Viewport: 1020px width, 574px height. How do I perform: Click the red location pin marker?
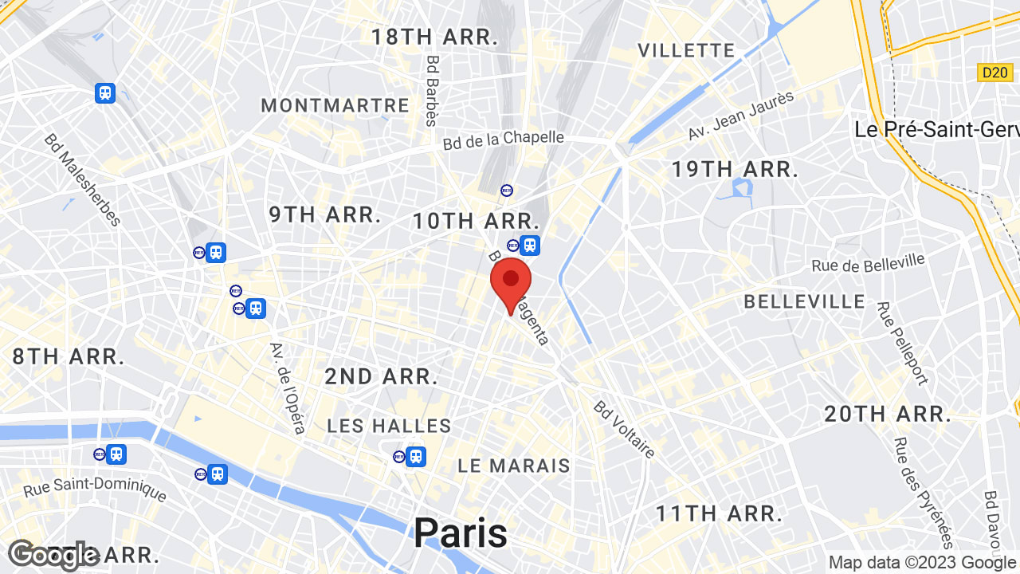tap(511, 281)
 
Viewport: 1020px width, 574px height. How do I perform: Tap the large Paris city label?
tap(460, 533)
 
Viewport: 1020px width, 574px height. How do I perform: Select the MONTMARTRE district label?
tap(335, 105)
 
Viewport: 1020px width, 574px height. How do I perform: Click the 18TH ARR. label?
tap(434, 37)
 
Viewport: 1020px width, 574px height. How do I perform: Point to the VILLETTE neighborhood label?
tap(686, 50)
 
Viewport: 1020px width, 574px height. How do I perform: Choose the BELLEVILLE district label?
tap(804, 301)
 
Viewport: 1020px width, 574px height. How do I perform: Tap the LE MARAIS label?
tap(514, 466)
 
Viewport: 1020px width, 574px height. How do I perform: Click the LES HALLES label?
tap(389, 426)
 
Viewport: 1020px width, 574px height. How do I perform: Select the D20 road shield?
tap(994, 73)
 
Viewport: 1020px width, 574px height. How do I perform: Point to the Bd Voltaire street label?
tap(624, 430)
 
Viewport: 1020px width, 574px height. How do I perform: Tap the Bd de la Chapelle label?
tap(503, 140)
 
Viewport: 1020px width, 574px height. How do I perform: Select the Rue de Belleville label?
tap(868, 263)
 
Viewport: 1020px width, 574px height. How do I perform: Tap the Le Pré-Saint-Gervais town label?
tap(936, 129)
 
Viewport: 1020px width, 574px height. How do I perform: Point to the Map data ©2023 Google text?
tap(923, 562)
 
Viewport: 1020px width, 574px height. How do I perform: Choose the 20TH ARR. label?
tap(888, 414)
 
